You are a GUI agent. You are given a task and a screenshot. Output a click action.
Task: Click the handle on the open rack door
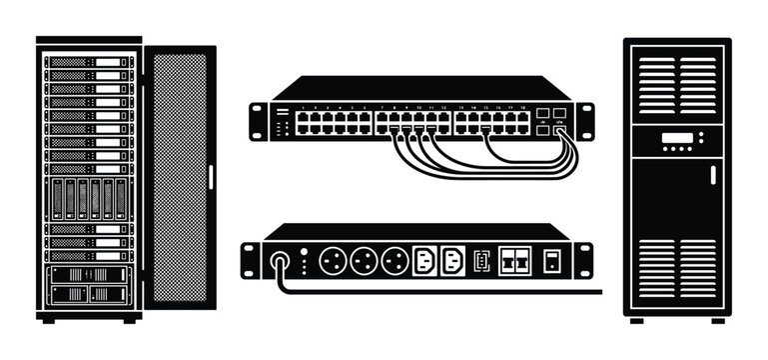point(211,176)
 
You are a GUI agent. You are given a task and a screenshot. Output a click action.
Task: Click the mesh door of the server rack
point(179,176)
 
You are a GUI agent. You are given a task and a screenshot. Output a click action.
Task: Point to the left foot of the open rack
point(48,320)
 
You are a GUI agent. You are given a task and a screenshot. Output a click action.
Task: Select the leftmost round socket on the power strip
point(332,260)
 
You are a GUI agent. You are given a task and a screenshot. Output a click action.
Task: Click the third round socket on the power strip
point(394,260)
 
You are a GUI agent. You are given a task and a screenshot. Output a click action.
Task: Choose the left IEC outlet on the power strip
point(423,260)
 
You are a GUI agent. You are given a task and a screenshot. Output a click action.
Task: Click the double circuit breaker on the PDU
point(513,260)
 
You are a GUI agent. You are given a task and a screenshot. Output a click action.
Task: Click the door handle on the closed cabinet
point(712,174)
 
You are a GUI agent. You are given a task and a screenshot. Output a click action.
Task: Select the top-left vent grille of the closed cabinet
point(655,86)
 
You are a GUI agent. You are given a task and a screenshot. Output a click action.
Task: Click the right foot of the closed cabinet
point(716,320)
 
